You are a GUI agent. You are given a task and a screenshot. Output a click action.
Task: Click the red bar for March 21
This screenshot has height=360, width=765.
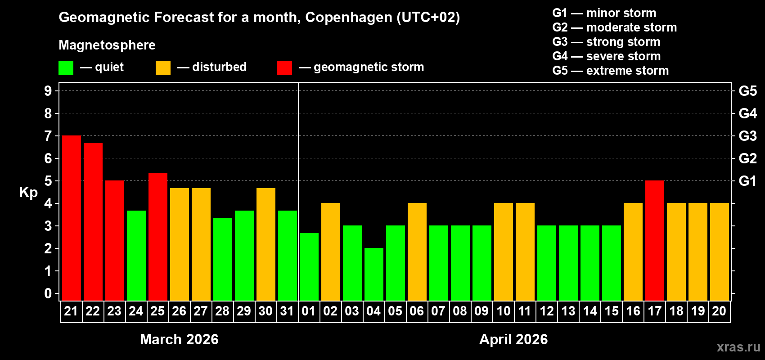[x=72, y=218]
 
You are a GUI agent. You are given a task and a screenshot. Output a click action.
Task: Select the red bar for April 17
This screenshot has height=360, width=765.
[x=655, y=240]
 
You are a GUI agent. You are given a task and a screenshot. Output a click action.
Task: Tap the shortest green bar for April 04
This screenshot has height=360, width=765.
[x=374, y=274]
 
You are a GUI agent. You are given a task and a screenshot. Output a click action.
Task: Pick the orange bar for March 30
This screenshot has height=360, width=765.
[x=266, y=244]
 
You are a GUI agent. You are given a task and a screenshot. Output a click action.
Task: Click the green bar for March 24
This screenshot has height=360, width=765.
[x=136, y=255]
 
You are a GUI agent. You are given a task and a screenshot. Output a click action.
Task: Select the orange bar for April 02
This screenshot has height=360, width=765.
[x=331, y=252]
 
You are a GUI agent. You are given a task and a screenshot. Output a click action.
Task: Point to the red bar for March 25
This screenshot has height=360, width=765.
[x=158, y=237]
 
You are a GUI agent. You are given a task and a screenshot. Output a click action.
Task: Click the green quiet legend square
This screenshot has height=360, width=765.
[x=66, y=68]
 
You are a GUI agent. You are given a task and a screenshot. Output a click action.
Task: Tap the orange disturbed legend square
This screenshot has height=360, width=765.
[x=163, y=68]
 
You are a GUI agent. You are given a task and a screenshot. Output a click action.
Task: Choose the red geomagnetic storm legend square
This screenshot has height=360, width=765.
[x=284, y=68]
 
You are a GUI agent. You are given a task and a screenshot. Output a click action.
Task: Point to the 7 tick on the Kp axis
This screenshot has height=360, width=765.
[x=48, y=136]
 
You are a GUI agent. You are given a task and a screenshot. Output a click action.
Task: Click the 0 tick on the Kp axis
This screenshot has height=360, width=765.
[x=48, y=294]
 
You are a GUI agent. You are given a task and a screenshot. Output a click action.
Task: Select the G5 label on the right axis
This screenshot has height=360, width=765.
[x=748, y=91]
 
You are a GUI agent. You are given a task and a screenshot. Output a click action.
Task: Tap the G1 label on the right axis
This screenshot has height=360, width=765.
[x=748, y=181]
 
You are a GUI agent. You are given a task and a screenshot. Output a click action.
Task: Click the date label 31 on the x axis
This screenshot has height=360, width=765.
[x=287, y=311]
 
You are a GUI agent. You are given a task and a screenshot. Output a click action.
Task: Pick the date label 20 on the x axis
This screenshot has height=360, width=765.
[x=719, y=311]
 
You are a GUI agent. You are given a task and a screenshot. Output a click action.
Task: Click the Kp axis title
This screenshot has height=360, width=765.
[x=28, y=192]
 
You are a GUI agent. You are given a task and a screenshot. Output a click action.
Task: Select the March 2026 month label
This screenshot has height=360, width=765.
[x=179, y=339]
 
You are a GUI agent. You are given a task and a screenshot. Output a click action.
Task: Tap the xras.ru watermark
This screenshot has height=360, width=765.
[x=738, y=347]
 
